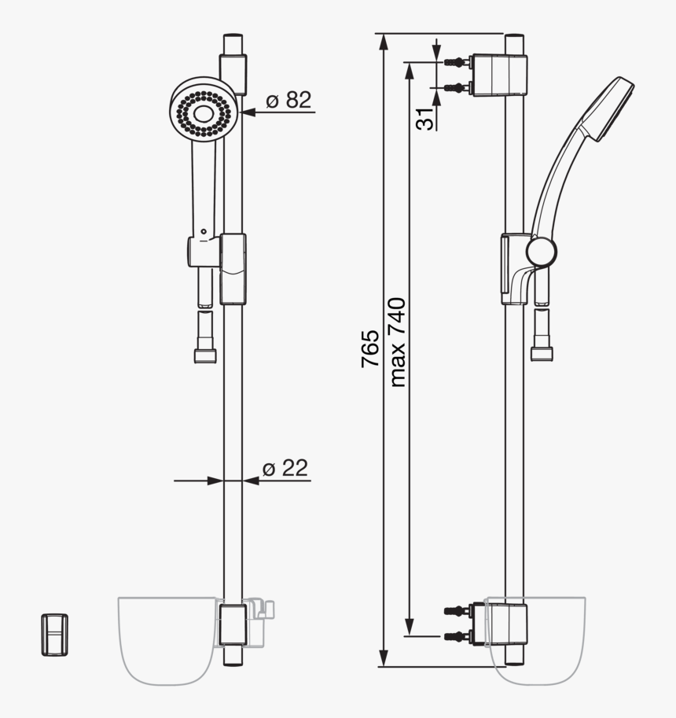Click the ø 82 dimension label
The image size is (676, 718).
point(288,100)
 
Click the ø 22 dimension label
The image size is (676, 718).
point(285,469)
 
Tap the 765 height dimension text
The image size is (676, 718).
point(370,348)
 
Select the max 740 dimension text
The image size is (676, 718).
point(397,342)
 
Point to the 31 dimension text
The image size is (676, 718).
point(425,119)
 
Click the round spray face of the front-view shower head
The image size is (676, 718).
point(203,112)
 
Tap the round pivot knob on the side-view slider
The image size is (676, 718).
point(541,252)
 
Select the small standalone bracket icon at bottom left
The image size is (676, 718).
point(53,634)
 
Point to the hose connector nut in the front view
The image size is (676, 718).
point(205,355)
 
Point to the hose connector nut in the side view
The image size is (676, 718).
point(542,353)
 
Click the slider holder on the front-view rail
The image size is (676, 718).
point(233,268)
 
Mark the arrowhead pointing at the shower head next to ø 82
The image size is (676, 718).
point(248,112)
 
